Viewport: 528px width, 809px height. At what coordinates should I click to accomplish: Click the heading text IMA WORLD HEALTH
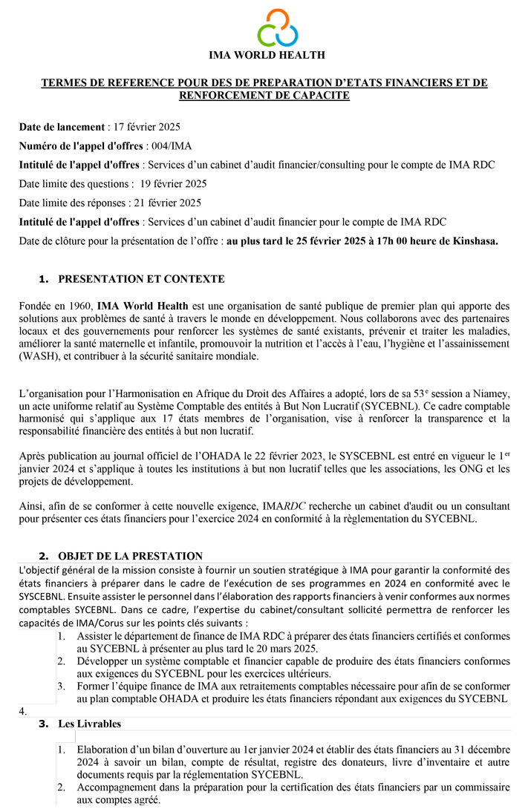coord(267,55)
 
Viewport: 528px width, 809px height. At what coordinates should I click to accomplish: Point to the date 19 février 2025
coord(173,183)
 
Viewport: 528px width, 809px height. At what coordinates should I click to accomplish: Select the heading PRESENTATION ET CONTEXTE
coord(141,279)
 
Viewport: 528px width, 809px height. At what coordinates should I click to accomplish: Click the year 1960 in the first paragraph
coord(81,306)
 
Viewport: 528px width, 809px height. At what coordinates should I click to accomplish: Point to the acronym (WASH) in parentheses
coord(35,356)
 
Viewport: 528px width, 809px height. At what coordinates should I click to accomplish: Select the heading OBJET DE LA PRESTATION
coord(130,555)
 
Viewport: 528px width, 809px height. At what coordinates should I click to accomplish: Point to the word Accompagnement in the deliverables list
coord(113,787)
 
